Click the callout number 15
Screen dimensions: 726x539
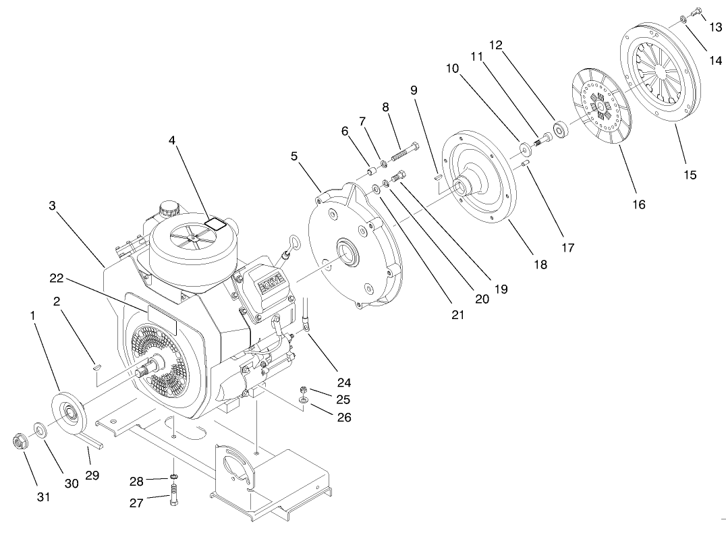[x=690, y=175]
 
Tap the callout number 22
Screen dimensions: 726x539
[x=57, y=277]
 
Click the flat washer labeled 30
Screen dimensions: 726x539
[x=40, y=429]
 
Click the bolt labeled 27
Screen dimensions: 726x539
[x=175, y=501]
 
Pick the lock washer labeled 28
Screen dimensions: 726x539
[x=173, y=480]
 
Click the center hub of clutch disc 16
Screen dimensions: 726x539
[x=601, y=105]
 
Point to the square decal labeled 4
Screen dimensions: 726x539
[x=215, y=223]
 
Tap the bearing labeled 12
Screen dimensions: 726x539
[x=560, y=129]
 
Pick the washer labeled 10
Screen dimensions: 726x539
[x=524, y=147]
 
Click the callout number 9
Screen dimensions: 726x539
[x=413, y=90]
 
